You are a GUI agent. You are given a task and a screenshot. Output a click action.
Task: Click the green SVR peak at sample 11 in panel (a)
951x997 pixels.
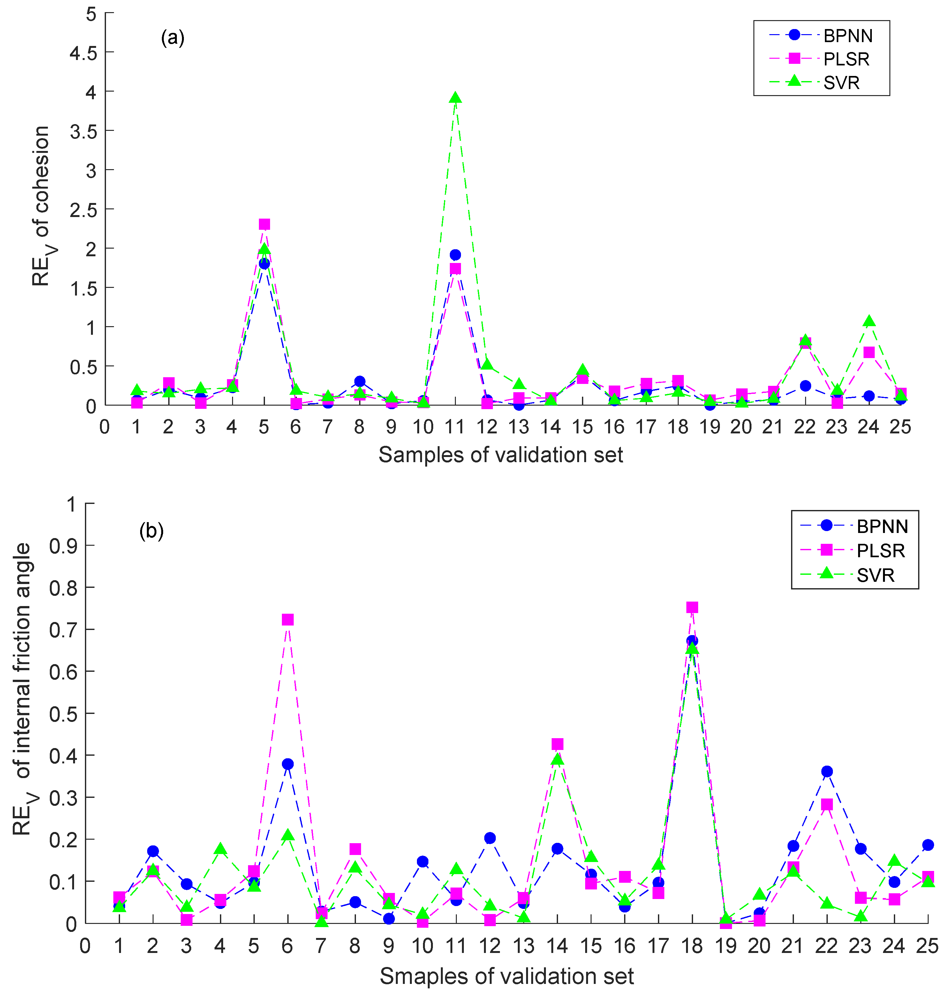tap(455, 98)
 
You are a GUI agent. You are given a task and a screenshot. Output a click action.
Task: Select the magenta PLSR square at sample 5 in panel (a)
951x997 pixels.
tap(264, 224)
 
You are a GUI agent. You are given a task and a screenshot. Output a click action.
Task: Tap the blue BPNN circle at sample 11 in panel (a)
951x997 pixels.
tap(455, 255)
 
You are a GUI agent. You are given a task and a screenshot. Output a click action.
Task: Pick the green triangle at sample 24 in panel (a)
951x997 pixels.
tap(869, 321)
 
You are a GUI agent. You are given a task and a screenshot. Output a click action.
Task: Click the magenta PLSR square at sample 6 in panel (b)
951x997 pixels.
tap(287, 620)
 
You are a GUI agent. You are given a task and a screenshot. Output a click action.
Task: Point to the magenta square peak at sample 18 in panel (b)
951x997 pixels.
tap(692, 607)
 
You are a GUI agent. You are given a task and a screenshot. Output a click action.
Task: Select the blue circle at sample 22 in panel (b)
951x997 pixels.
tap(827, 771)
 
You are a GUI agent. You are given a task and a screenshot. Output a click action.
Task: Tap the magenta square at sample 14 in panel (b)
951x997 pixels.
tap(557, 744)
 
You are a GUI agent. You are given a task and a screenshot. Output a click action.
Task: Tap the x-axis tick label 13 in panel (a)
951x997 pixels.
tap(518, 427)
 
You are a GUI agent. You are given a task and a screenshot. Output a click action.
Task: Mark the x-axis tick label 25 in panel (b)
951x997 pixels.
tap(927, 946)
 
